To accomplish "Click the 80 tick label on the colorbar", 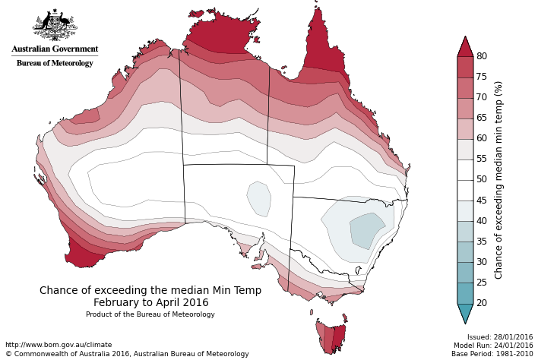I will click(x=482, y=56).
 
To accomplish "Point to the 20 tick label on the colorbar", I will click(x=482, y=303).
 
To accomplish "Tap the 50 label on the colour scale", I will click(x=482, y=180).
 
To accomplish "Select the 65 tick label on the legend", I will click(x=482, y=118).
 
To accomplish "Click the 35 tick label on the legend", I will click(x=482, y=242).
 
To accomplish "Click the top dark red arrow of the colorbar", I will click(x=465, y=47).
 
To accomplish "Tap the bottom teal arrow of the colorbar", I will click(x=465, y=313).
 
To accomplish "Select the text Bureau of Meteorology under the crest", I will click(x=55, y=63).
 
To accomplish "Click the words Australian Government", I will click(x=55, y=49).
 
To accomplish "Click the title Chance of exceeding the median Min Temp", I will click(x=150, y=290).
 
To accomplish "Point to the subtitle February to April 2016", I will click(x=150, y=302).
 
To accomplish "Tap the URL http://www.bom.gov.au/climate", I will click(x=59, y=345).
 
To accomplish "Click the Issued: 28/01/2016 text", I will click(x=500, y=337).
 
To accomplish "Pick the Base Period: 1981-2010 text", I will click(x=492, y=354).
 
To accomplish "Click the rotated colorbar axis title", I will click(x=499, y=180).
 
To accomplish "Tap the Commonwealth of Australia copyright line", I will click(x=127, y=354).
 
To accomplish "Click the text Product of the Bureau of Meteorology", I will click(x=150, y=314).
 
